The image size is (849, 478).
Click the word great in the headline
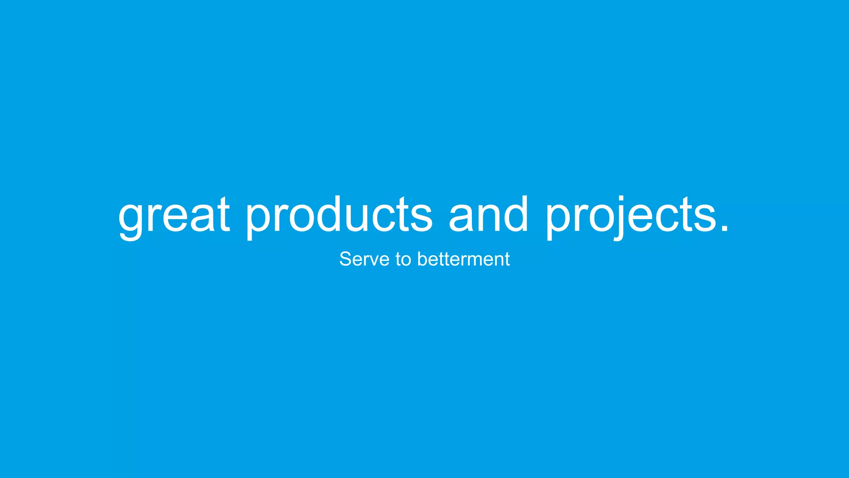point(174,216)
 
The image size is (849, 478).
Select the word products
point(339,216)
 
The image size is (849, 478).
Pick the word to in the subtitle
point(403,260)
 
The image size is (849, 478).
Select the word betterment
point(463,259)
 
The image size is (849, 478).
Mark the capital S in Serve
point(346,259)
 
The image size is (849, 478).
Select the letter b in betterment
point(422,259)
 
